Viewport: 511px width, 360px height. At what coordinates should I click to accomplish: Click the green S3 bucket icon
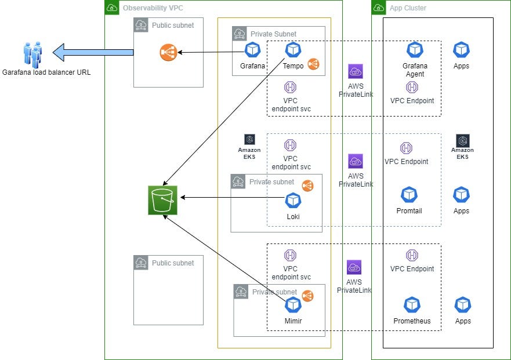pyautogui.click(x=163, y=200)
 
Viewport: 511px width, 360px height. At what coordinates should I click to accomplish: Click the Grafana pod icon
pyautogui.click(x=252, y=50)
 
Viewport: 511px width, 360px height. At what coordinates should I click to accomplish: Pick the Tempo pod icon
pyautogui.click(x=293, y=50)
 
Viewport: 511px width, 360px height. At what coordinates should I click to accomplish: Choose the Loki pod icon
pyautogui.click(x=293, y=201)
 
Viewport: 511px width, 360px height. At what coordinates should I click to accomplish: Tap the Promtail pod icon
pyautogui.click(x=409, y=195)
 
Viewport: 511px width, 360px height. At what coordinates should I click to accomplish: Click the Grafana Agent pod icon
pyautogui.click(x=415, y=50)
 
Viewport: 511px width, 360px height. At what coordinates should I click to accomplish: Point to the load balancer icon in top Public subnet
pyautogui.click(x=168, y=53)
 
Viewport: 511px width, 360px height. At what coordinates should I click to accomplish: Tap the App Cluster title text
pyautogui.click(x=408, y=8)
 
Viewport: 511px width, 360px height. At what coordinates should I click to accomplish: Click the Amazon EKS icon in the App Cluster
pyautogui.click(x=462, y=140)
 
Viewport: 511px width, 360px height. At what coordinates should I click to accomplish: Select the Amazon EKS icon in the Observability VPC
pyautogui.click(x=249, y=140)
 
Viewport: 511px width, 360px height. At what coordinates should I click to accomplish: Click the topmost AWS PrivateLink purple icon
pyautogui.click(x=356, y=71)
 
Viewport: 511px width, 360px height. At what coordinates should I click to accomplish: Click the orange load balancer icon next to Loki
pyautogui.click(x=308, y=186)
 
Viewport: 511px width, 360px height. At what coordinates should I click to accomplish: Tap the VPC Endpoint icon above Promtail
pyautogui.click(x=406, y=148)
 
